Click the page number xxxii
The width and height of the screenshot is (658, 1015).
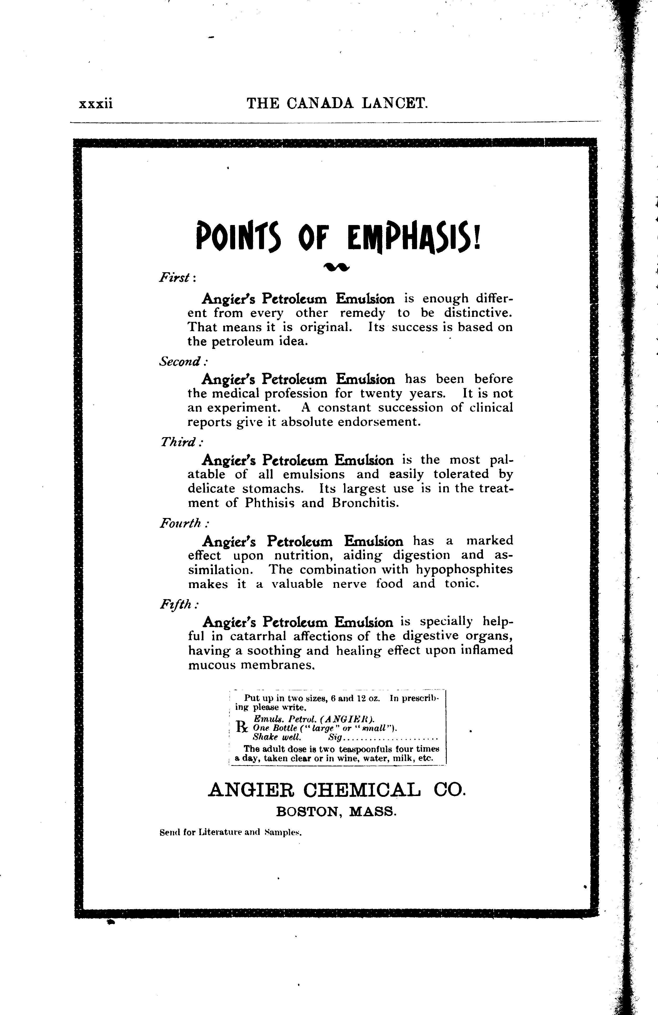pyautogui.click(x=96, y=104)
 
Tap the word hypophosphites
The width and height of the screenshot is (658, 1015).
pyautogui.click(x=464, y=569)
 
